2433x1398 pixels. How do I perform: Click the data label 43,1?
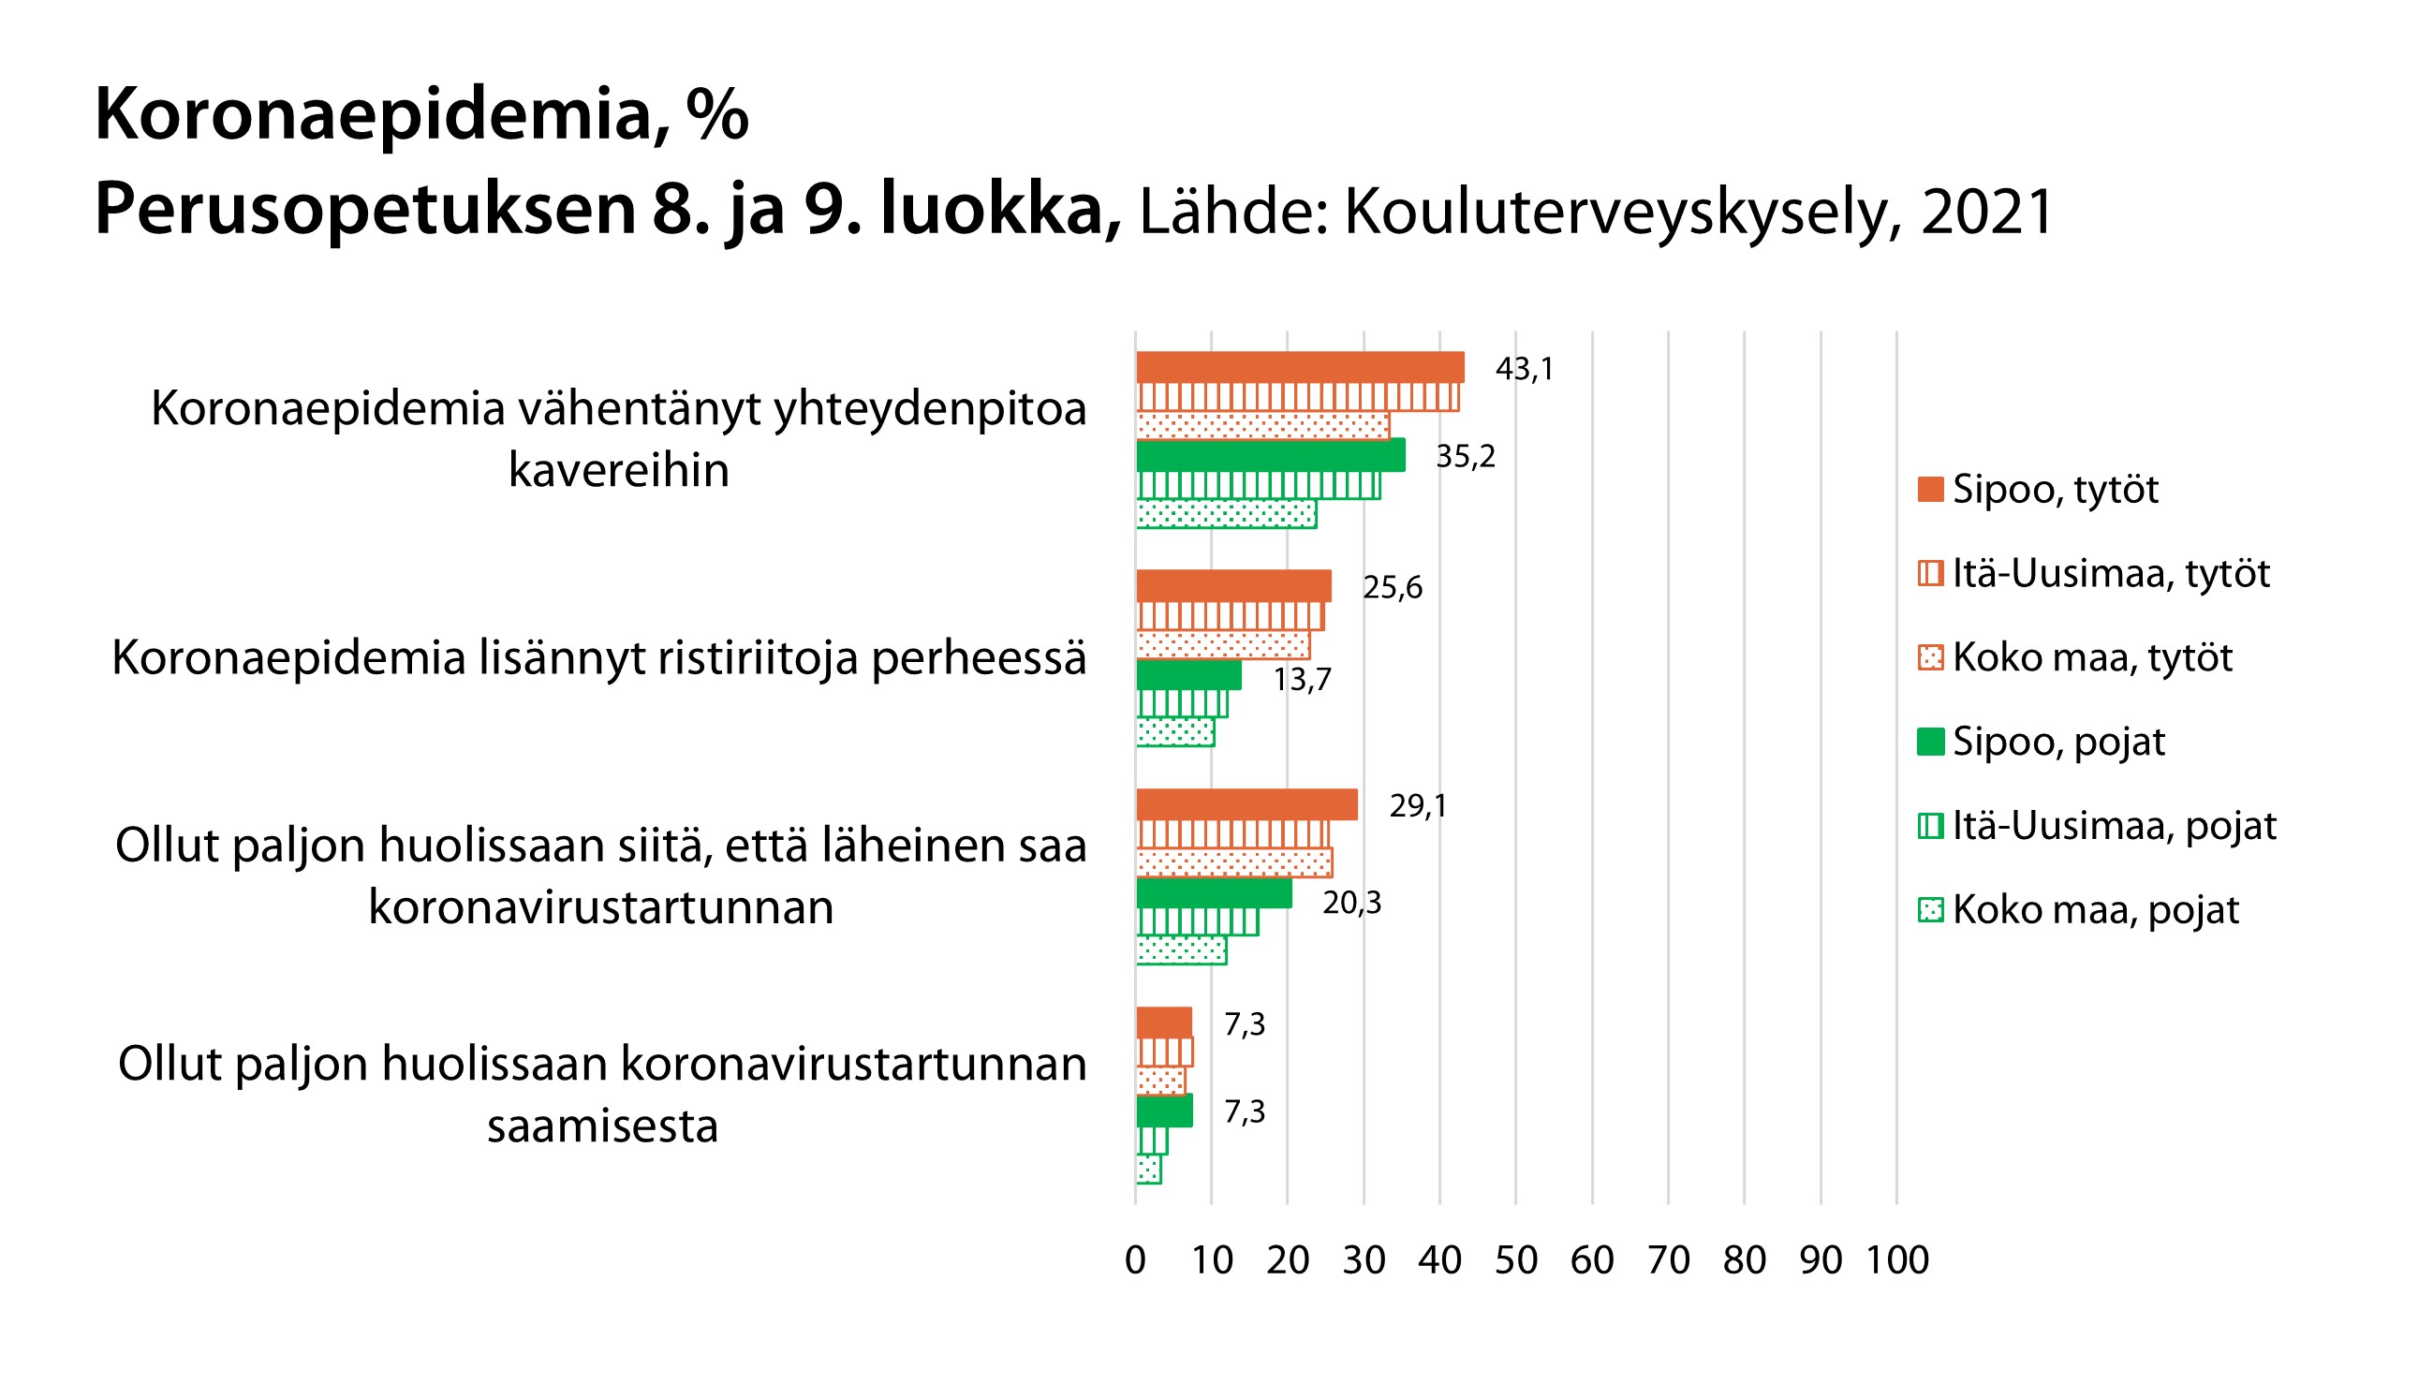point(1524,369)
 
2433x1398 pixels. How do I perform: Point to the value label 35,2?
point(1466,456)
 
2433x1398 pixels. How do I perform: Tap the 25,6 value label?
point(1393,587)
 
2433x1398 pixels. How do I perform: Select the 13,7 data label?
point(1302,679)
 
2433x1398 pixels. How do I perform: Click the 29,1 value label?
point(1417,805)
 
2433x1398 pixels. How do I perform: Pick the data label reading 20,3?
point(1352,903)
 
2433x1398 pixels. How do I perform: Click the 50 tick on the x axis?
point(1516,1259)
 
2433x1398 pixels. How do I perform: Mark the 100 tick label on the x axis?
point(1896,1259)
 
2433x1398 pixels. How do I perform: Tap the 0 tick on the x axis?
point(1135,1259)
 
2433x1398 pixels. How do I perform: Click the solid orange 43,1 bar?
point(1299,368)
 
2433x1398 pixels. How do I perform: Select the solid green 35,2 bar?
point(1270,455)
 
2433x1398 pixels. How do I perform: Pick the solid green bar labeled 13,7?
point(1187,675)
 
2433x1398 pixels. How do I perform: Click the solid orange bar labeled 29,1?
point(1246,804)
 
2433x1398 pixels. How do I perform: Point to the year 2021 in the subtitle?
point(1987,212)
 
